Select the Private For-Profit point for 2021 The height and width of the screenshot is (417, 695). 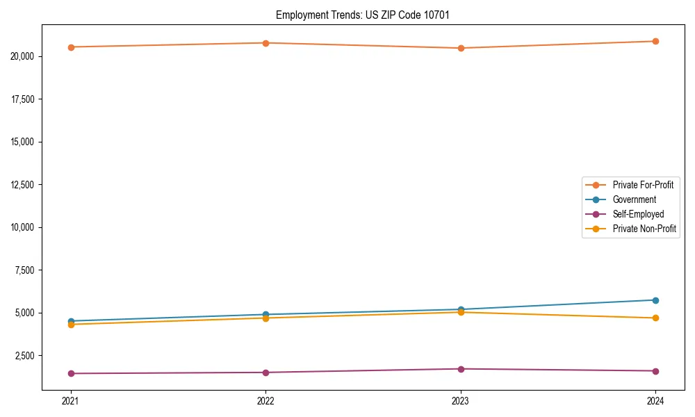click(71, 47)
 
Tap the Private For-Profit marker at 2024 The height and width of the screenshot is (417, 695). click(655, 41)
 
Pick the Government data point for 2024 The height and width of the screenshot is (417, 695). click(655, 300)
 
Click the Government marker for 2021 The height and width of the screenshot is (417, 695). click(71, 321)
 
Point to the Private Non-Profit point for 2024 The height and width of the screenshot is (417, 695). click(655, 318)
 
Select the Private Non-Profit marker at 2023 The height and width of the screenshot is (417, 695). click(461, 312)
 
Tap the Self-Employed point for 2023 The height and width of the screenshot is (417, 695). click(461, 369)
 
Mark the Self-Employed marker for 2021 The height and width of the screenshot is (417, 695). click(71, 373)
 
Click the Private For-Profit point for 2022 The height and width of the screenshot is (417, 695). click(265, 43)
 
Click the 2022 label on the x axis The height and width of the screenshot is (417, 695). click(265, 400)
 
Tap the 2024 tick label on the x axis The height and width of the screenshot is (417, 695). click(655, 400)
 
